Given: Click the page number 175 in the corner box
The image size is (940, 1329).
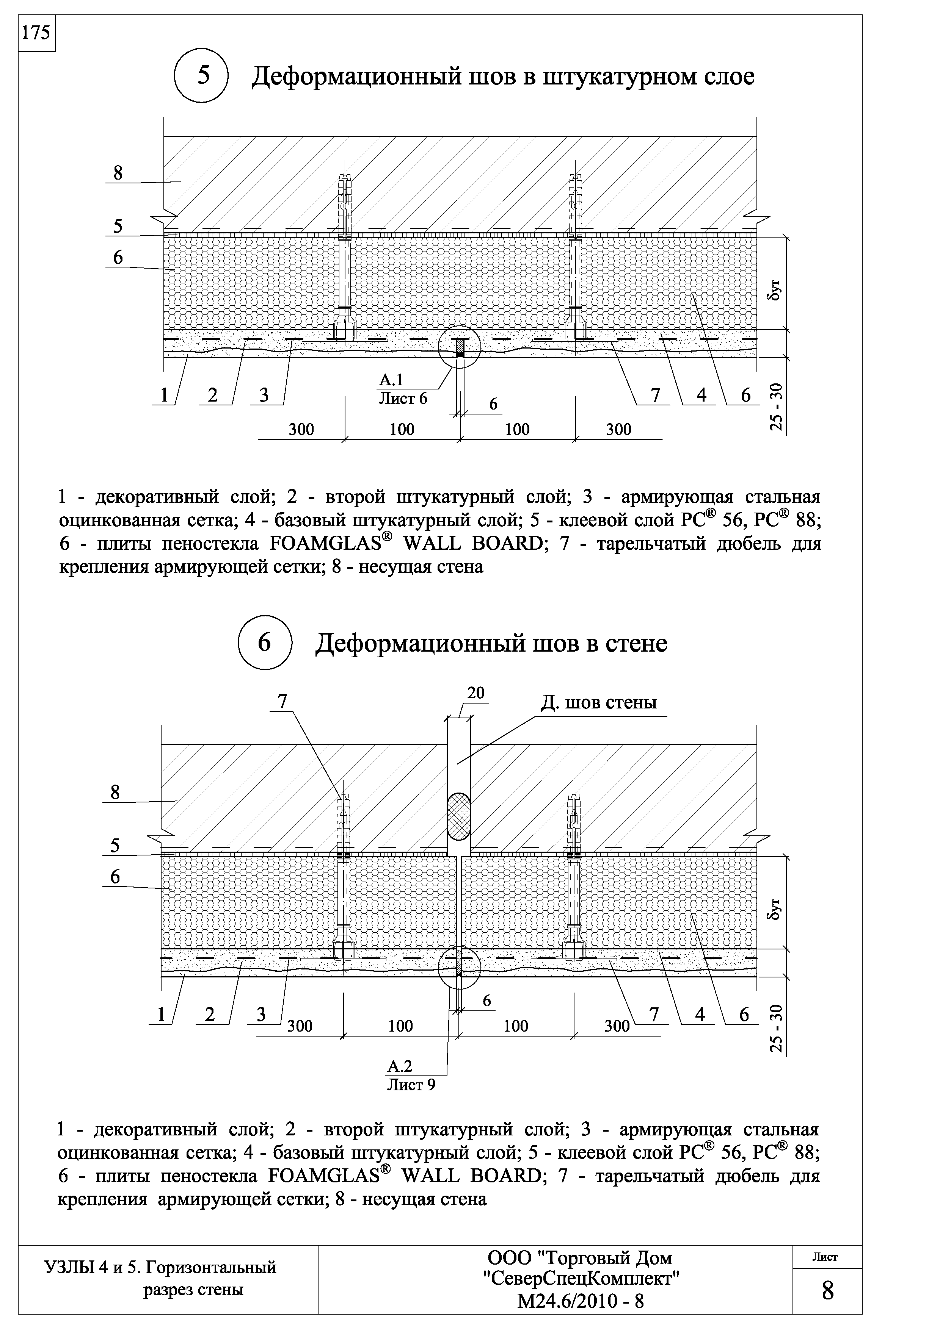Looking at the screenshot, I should pyautogui.click(x=36, y=34).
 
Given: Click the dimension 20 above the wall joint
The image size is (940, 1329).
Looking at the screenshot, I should pyautogui.click(x=475, y=693).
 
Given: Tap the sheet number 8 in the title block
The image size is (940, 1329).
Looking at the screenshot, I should pyautogui.click(x=828, y=1290).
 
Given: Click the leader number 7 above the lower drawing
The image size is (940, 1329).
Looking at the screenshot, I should pyautogui.click(x=282, y=702).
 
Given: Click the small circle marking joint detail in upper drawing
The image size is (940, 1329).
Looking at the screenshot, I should pyautogui.click(x=459, y=346).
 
